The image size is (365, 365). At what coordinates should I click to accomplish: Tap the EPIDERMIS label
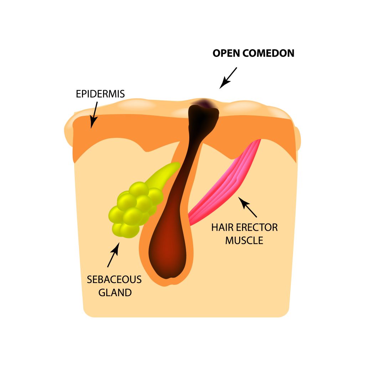tap(100, 94)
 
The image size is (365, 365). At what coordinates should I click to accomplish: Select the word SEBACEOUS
tap(114, 279)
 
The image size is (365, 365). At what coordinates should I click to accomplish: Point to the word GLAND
tap(115, 293)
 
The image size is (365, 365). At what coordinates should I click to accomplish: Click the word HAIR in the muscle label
tap(222, 227)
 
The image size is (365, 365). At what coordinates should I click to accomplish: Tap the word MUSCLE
tap(244, 241)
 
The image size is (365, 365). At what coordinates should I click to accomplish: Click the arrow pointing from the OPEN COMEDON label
tap(228, 78)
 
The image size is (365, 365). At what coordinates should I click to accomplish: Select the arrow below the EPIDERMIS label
tap(94, 115)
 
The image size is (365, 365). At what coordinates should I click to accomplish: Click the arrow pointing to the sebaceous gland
tap(113, 255)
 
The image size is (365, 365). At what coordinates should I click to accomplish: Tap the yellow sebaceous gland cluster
tap(134, 210)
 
